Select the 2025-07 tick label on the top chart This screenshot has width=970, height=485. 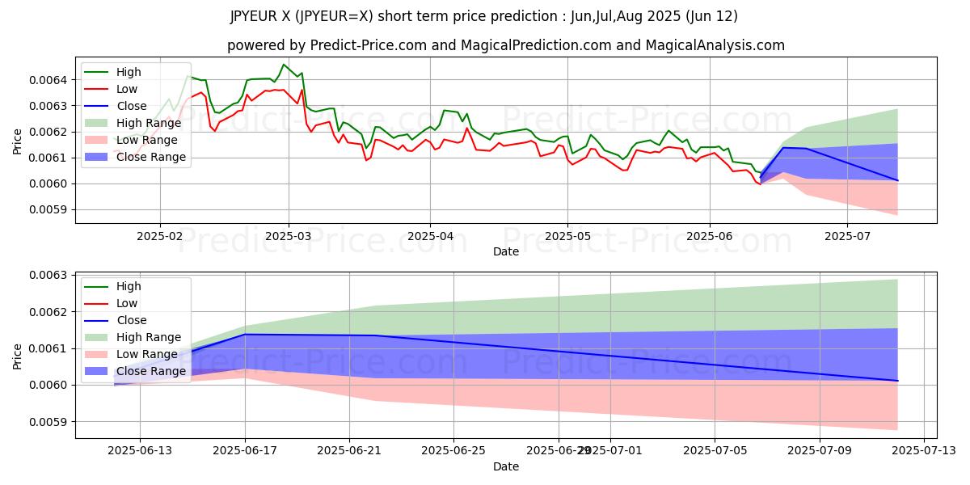(847, 237)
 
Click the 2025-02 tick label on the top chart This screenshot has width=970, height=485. (159, 237)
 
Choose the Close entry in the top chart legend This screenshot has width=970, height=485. (132, 106)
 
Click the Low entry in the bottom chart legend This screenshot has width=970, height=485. (127, 303)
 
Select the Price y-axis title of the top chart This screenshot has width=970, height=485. (18, 141)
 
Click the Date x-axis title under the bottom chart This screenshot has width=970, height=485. (506, 466)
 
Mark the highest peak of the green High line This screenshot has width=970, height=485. (283, 64)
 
